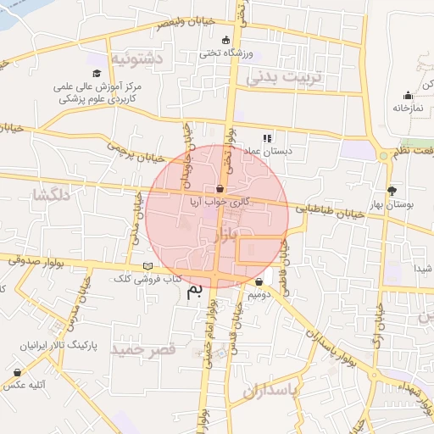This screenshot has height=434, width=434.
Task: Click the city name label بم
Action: tap(195, 292)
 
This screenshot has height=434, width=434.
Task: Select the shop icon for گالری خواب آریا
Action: tap(220, 189)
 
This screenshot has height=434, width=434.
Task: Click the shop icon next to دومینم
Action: tap(259, 281)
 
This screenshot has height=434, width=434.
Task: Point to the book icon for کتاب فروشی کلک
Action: tap(148, 267)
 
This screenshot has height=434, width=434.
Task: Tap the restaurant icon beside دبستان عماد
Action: tap(266, 138)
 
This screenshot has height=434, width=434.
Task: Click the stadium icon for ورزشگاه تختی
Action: tap(225, 41)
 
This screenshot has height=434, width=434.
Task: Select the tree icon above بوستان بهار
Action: tap(391, 191)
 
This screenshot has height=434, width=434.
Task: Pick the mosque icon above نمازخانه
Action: tap(408, 95)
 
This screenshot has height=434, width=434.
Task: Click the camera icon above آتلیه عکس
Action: tap(17, 371)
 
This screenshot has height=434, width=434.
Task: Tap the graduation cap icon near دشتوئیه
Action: tap(97, 74)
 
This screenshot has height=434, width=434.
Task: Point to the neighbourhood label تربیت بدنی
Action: tap(285, 76)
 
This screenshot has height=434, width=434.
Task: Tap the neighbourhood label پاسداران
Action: tap(272, 392)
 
